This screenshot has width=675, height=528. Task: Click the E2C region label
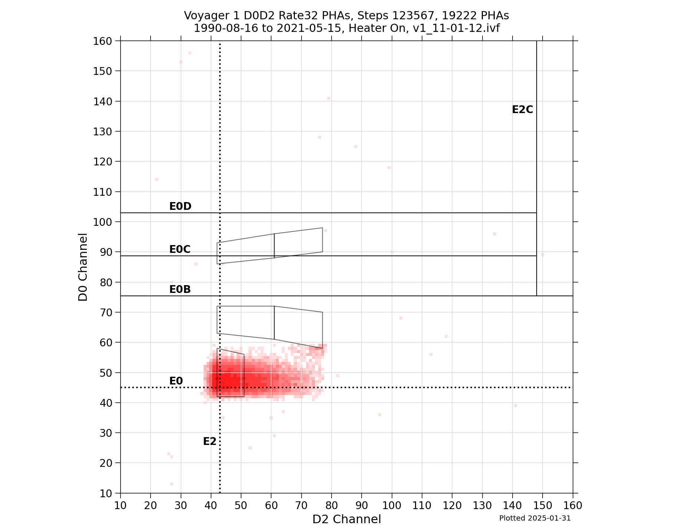(x=522, y=110)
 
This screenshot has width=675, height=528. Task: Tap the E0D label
(x=180, y=207)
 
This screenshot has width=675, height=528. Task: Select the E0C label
(x=180, y=250)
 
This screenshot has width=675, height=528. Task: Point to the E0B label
(x=180, y=289)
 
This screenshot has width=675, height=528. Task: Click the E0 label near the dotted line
(x=176, y=381)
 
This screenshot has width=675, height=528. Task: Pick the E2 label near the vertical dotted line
(x=210, y=442)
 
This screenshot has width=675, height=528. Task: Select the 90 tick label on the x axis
(x=362, y=505)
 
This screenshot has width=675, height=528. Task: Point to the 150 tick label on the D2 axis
(x=543, y=505)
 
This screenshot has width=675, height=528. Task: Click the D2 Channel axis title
(x=346, y=519)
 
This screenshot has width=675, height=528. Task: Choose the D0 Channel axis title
(x=83, y=267)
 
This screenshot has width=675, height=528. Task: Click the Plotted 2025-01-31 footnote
(x=535, y=518)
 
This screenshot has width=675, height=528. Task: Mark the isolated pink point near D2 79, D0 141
(x=329, y=98)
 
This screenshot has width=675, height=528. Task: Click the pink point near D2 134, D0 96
(x=494, y=234)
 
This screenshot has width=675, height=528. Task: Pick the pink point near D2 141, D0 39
(x=516, y=406)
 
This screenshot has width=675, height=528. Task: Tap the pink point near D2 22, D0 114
(x=157, y=179)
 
